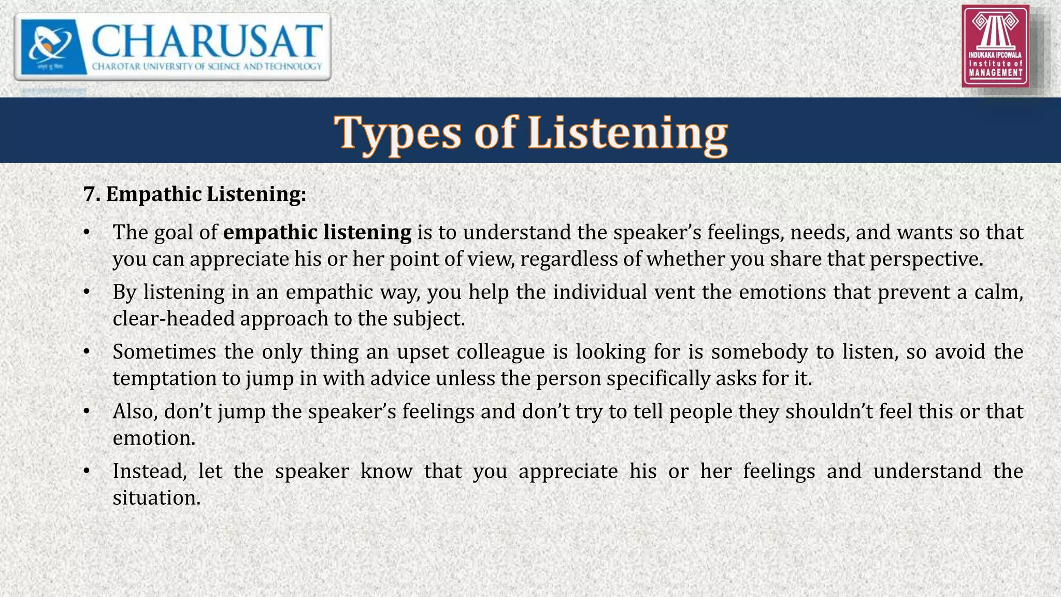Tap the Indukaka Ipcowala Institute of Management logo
(995, 46)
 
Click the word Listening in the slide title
(627, 132)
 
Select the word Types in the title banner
(397, 132)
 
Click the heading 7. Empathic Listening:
(195, 194)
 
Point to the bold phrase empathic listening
(317, 232)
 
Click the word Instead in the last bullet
(149, 471)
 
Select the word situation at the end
(156, 498)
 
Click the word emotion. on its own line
(154, 438)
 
